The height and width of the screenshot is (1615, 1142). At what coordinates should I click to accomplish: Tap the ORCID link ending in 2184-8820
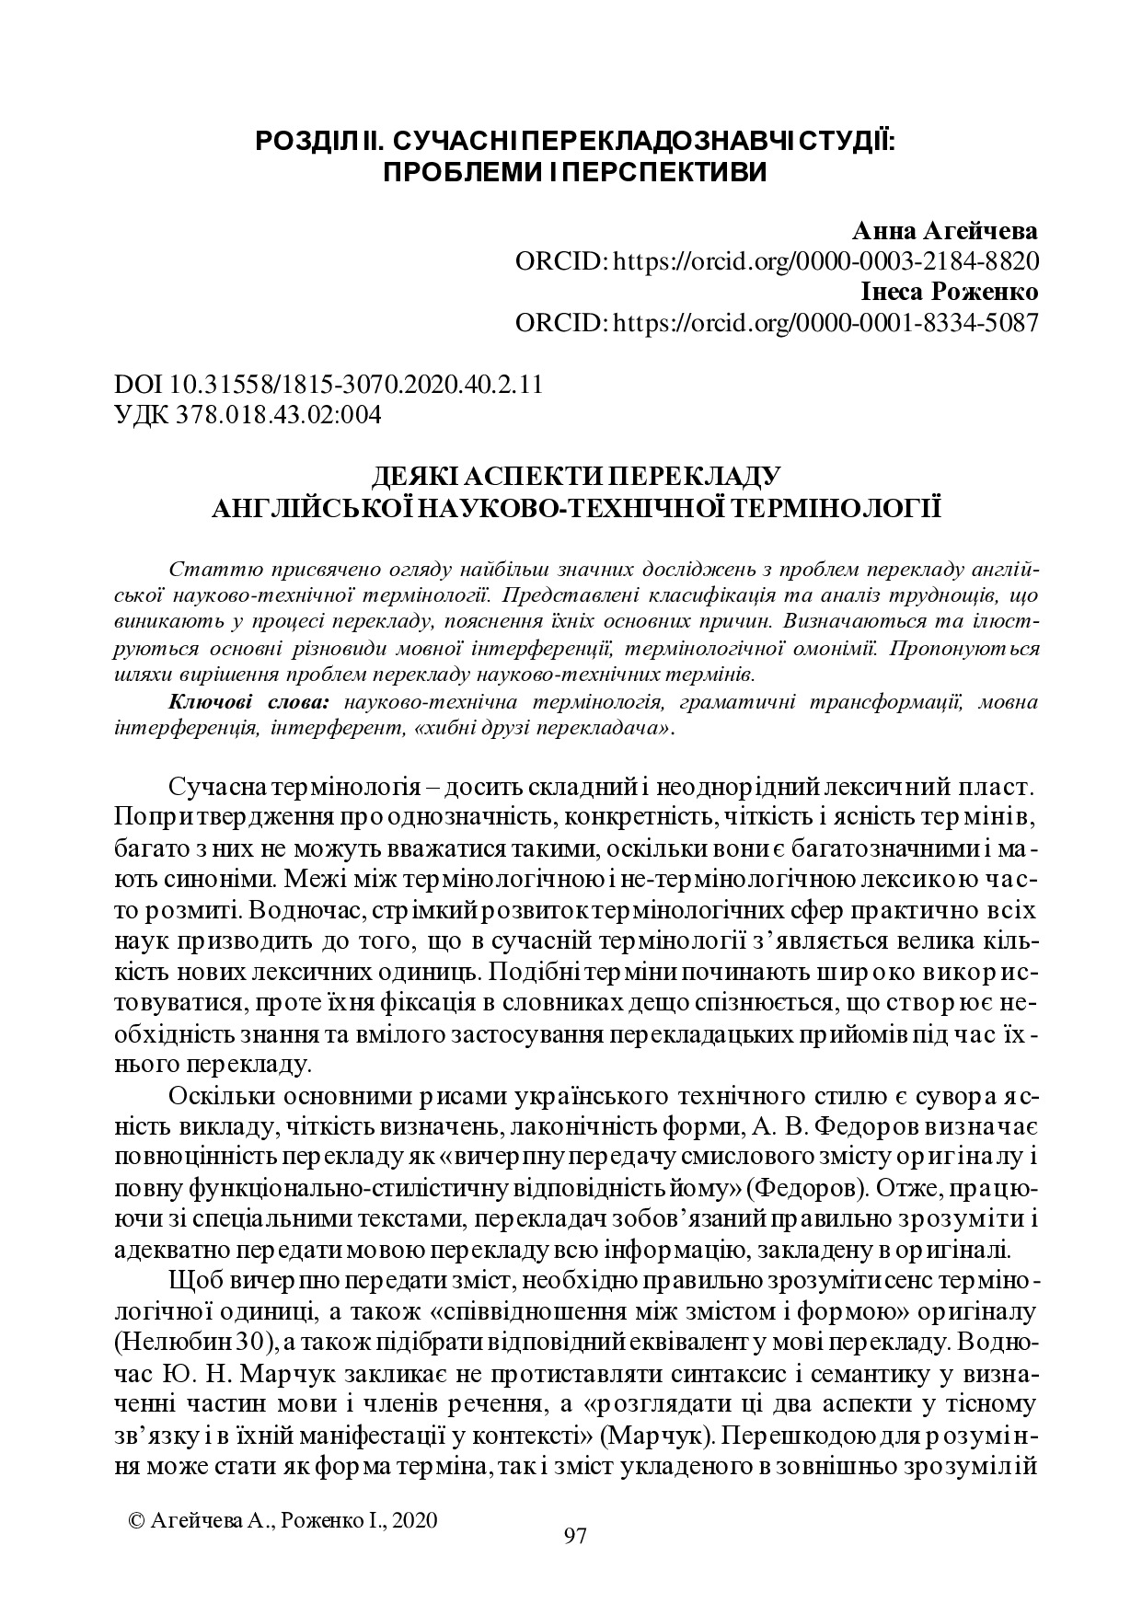826,261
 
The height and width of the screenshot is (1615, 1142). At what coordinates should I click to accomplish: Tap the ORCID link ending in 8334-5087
826,323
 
